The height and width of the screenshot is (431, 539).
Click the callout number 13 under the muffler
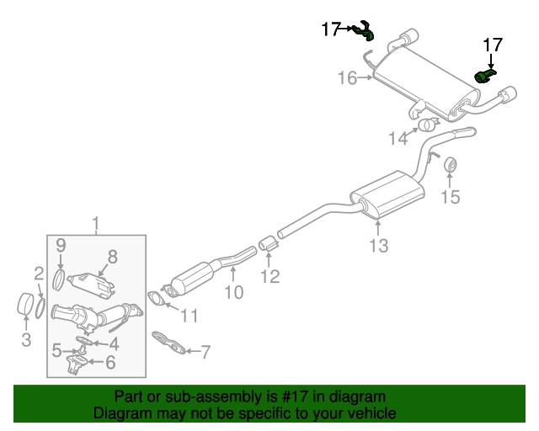(379, 246)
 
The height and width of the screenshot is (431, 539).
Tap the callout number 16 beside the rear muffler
(348, 78)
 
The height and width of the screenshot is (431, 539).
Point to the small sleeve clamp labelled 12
(268, 243)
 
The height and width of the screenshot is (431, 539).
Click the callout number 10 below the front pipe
(234, 292)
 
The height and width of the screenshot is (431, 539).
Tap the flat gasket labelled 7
(168, 343)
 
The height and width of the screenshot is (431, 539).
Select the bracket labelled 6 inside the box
(77, 365)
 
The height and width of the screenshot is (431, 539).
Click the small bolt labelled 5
(83, 350)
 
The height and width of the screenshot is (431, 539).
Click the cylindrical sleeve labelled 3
(24, 304)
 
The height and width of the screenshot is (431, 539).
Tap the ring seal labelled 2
(40, 308)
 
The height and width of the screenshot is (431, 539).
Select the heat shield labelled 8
(91, 285)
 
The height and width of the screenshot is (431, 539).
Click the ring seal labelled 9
(59, 279)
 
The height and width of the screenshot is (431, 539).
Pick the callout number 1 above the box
(96, 224)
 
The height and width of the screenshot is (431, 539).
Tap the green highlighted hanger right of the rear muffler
(484, 77)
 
